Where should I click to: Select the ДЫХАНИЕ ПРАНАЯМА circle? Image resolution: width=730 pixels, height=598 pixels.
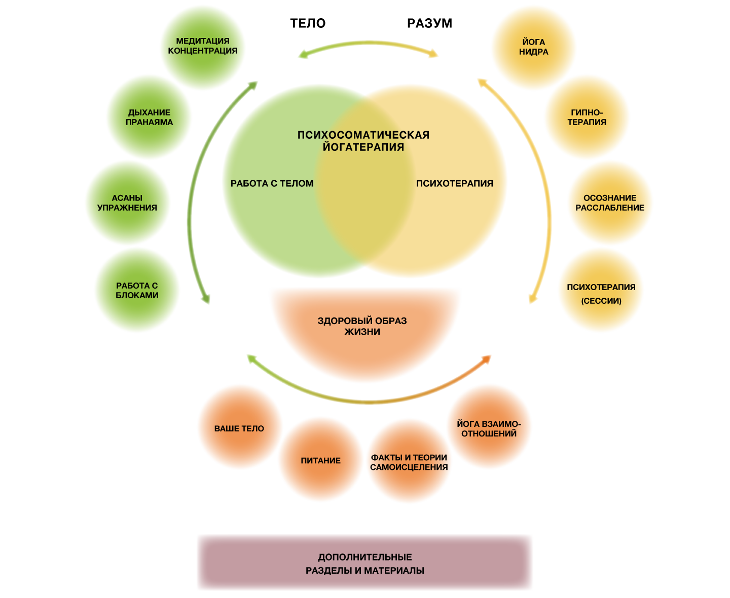click(149, 117)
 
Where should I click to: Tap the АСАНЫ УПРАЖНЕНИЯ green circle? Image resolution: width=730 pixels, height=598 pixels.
click(127, 203)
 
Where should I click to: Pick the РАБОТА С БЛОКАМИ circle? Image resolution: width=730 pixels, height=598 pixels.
click(137, 291)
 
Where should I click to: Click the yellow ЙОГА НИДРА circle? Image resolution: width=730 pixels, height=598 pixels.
click(534, 47)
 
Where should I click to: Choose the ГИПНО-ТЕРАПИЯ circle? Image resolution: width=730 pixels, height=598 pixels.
click(587, 117)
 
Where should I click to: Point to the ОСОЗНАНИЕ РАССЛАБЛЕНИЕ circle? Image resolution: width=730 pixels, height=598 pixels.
click(610, 203)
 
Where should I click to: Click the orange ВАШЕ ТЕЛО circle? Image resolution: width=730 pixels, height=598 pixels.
click(239, 428)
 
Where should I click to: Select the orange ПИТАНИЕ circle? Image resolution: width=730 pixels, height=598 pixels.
click(320, 460)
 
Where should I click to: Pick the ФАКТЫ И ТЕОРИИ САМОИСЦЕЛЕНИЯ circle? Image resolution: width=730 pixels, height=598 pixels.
click(409, 462)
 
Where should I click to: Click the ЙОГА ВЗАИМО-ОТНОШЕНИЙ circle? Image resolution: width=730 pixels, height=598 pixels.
click(489, 428)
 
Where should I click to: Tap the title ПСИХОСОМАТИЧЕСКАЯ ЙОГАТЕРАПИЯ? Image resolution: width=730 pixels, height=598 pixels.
click(363, 141)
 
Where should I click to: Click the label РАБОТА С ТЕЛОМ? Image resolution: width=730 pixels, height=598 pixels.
click(272, 184)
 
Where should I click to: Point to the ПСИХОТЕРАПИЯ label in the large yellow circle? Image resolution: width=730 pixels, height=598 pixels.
click(455, 184)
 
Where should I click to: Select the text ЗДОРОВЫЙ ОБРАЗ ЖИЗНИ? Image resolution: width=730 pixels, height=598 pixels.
click(362, 327)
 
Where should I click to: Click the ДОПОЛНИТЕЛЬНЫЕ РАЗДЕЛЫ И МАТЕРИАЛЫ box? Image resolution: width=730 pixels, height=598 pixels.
click(365, 563)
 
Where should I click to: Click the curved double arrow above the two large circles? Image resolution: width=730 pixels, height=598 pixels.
click(369, 45)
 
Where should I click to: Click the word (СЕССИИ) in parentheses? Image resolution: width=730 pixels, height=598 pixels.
click(601, 301)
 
